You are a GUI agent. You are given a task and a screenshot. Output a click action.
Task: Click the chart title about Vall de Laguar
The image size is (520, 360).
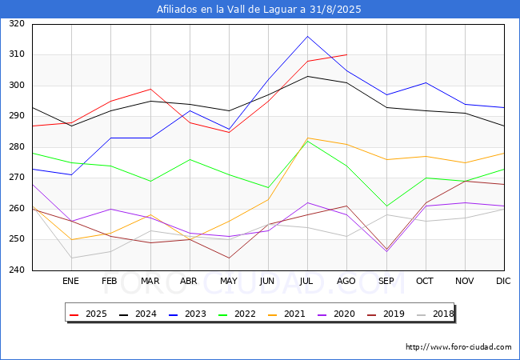point(260,10)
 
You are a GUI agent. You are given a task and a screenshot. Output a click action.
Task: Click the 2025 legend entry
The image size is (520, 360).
point(88,314)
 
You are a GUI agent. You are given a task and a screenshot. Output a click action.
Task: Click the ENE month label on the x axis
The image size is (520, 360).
point(71,281)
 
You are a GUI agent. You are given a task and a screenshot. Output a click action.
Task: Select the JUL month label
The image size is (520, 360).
point(307,281)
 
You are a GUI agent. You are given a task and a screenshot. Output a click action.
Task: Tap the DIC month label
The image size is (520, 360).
point(503,281)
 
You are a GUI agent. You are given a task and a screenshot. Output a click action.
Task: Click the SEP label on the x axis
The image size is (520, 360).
point(386,281)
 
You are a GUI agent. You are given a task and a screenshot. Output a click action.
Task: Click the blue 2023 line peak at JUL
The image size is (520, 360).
point(307,36)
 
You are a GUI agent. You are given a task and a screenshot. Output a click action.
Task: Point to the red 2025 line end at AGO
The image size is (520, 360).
point(346,54)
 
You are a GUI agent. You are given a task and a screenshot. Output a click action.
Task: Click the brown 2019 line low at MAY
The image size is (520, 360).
point(229,258)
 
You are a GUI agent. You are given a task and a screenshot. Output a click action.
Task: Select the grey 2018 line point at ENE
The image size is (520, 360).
point(71,258)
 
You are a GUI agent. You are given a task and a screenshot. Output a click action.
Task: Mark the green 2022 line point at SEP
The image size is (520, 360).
point(386,206)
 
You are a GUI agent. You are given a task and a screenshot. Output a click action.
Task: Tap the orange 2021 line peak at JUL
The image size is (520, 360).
point(307,138)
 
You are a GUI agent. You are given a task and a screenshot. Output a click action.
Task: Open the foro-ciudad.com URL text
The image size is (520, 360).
point(458,347)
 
